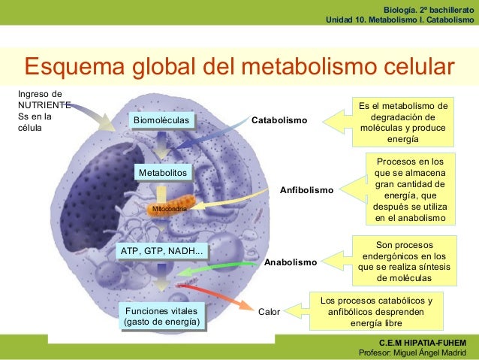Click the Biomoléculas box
coord(162,120)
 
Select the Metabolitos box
coord(162,174)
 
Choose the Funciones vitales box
coord(162,316)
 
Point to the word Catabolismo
coord(279,120)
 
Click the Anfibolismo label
coord(306,190)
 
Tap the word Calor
coord(269,310)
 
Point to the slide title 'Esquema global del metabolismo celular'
coord(240,65)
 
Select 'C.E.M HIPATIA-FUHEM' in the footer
coord(429,343)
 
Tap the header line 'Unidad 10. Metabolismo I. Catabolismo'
coord(400,20)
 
